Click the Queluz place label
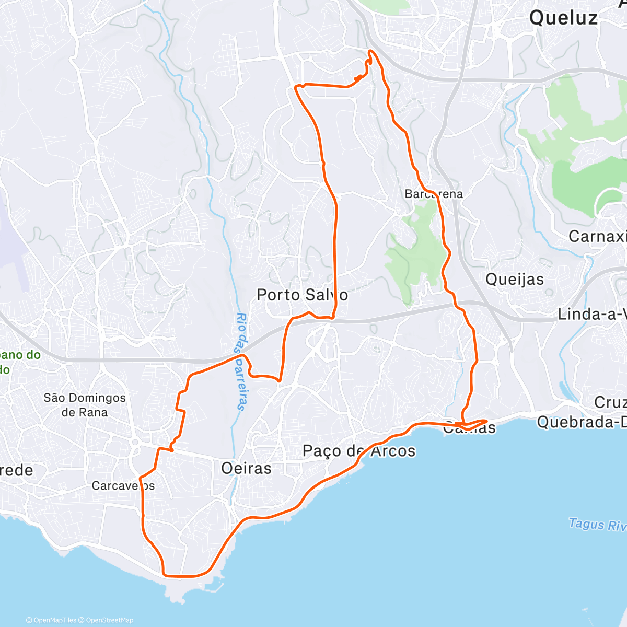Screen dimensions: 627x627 click(563, 18)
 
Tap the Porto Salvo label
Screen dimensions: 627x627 click(302, 295)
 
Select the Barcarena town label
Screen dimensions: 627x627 click(434, 194)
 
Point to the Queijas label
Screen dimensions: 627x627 click(515, 280)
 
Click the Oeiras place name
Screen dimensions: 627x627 click(246, 468)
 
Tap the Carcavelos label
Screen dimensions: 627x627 click(123, 486)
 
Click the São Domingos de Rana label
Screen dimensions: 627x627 click(85, 405)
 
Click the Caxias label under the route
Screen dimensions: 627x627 click(469, 428)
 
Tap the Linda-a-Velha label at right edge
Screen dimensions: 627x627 click(592, 314)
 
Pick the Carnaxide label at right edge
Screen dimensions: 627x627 click(597, 237)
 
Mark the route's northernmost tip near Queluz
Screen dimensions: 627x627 click(370, 51)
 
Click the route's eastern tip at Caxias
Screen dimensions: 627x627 click(487, 421)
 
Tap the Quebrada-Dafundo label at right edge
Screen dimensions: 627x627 click(582, 422)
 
